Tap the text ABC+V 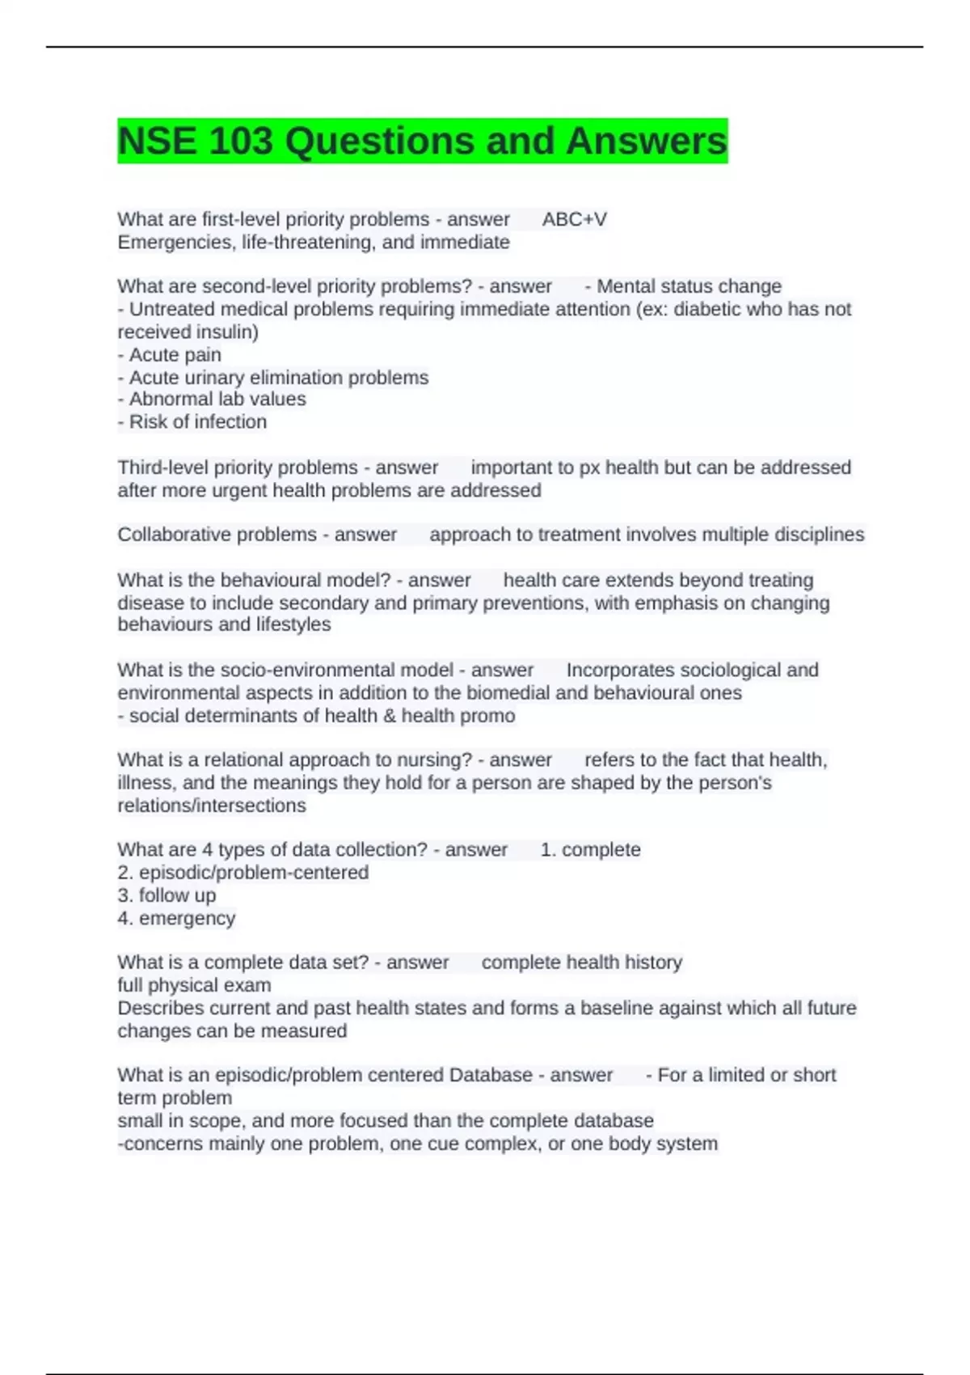coord(574,219)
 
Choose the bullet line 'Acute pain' coord(170,354)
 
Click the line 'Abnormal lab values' coord(212,399)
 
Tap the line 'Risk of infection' coord(192,421)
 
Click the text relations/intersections coord(212,806)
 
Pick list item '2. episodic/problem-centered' coord(243,873)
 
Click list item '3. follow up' coord(167,895)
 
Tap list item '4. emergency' coord(176,918)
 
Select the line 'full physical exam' coord(194,985)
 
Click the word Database coord(491,1075)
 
